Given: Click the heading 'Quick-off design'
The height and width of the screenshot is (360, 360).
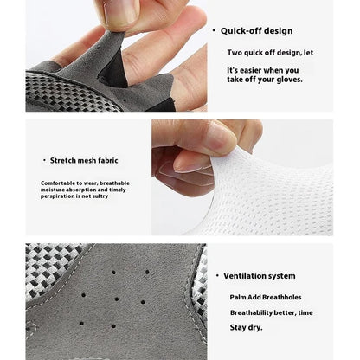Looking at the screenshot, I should pos(256,30).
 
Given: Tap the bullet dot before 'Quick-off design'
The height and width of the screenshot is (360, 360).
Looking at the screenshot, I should pos(214,30).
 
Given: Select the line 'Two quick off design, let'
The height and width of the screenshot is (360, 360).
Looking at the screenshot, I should pos(270,52).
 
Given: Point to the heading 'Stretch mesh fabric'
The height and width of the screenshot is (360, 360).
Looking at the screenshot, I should pos(84,160).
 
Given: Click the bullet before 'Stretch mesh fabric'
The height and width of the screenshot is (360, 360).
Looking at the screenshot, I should pos(44,160).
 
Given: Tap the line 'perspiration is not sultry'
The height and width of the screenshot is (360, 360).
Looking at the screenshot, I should pos(75,196).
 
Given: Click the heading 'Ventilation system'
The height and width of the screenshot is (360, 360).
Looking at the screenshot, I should pos(259,275).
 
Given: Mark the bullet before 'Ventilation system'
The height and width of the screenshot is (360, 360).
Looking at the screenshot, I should pos(216,275).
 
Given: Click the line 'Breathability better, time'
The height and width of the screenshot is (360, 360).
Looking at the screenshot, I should pos(271,312).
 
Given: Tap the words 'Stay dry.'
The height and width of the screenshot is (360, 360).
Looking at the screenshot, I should pos(247,328).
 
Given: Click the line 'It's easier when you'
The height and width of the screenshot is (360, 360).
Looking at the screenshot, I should pos(263,69).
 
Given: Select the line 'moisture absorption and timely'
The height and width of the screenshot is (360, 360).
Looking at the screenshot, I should pos(82,190).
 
